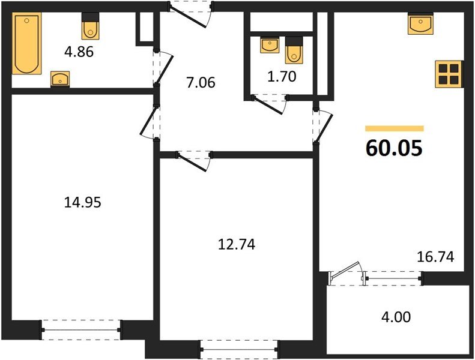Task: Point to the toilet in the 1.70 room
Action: (x=293, y=49)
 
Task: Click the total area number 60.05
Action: (x=395, y=148)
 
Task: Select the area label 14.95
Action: (x=82, y=203)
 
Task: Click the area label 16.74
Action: (x=435, y=257)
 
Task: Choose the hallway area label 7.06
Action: (x=201, y=83)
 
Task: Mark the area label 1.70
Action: (x=281, y=76)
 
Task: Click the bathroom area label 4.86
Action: (x=79, y=52)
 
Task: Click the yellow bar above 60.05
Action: (x=395, y=128)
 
